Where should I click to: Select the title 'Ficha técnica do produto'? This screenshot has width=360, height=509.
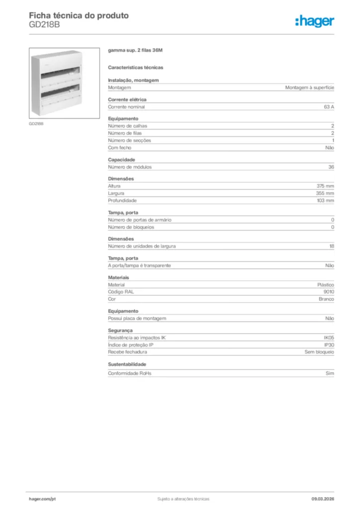click(79, 15)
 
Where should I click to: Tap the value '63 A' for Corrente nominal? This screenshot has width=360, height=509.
click(329, 107)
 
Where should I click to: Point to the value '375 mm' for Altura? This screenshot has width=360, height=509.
click(326, 186)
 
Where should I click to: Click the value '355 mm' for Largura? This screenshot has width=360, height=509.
click(326, 193)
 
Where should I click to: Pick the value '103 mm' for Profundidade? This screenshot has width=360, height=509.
click(326, 200)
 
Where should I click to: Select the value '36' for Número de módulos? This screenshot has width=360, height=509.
click(331, 167)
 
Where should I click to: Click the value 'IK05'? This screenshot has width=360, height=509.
click(329, 338)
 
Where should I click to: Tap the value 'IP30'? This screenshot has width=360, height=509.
click(329, 344)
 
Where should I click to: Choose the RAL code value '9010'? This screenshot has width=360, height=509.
click(329, 292)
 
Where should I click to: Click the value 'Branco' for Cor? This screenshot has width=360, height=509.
click(326, 299)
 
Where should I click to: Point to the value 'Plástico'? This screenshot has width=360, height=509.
click(325, 285)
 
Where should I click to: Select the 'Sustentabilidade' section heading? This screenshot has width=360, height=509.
click(127, 364)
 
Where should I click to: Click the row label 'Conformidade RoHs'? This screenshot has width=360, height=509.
click(129, 373)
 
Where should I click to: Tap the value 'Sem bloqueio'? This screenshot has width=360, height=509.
click(319, 352)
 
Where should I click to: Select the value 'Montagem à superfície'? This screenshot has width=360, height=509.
click(309, 87)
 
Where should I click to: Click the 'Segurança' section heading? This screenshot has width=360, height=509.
click(120, 330)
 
